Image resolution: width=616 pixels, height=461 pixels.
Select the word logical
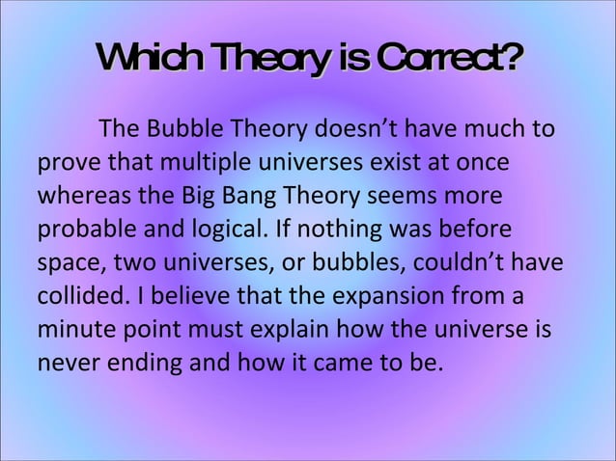click(x=227, y=229)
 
